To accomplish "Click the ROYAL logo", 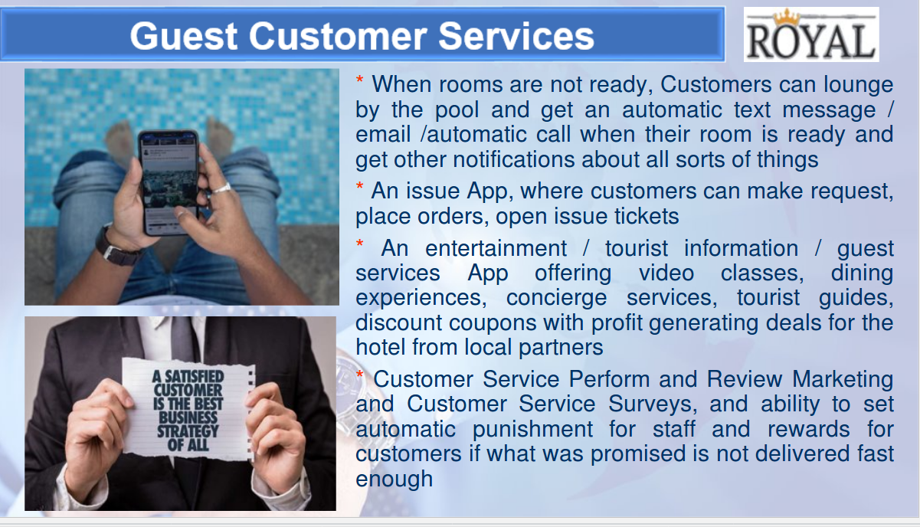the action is coord(810,34).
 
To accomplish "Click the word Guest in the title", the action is coord(184,36).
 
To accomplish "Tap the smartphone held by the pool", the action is coord(169,182).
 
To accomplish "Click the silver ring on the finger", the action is coord(222,188).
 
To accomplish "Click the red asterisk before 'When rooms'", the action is coord(359,80).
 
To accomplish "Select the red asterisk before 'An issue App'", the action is coord(359,186).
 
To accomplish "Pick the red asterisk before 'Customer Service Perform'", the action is coord(359,375).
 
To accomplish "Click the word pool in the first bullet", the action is coord(457,110).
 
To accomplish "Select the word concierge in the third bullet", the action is coord(556,298).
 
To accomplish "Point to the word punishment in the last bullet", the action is coord(532,430).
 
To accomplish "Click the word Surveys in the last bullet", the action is coord(653,404).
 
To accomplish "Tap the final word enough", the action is coord(394,480).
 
